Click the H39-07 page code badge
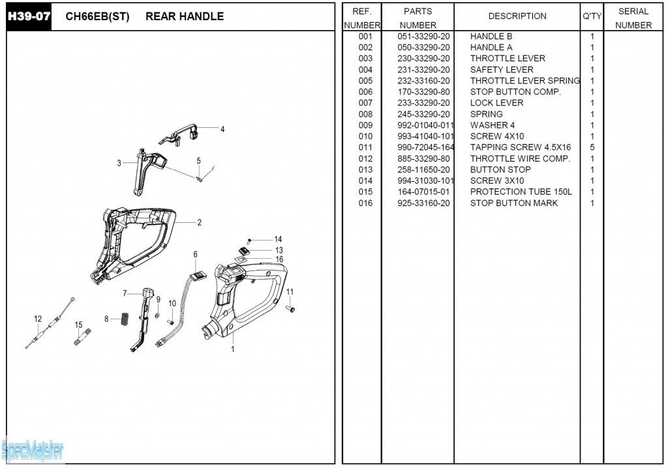tap(29, 16)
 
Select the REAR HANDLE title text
tap(185, 16)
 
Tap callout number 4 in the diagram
tap(222, 129)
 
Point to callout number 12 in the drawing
tap(38, 319)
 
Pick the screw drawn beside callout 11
tap(290, 308)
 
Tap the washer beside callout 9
tap(158, 315)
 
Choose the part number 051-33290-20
tap(423, 37)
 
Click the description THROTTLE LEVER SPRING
tap(524, 81)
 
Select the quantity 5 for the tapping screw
tap(592, 147)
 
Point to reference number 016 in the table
tap(365, 203)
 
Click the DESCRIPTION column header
tap(517, 16)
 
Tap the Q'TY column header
tap(592, 16)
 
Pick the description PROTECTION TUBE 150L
tap(521, 192)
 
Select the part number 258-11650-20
tap(423, 169)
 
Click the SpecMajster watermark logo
tap(33, 449)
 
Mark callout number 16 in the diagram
tap(279, 259)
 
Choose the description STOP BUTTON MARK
tap(513, 203)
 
